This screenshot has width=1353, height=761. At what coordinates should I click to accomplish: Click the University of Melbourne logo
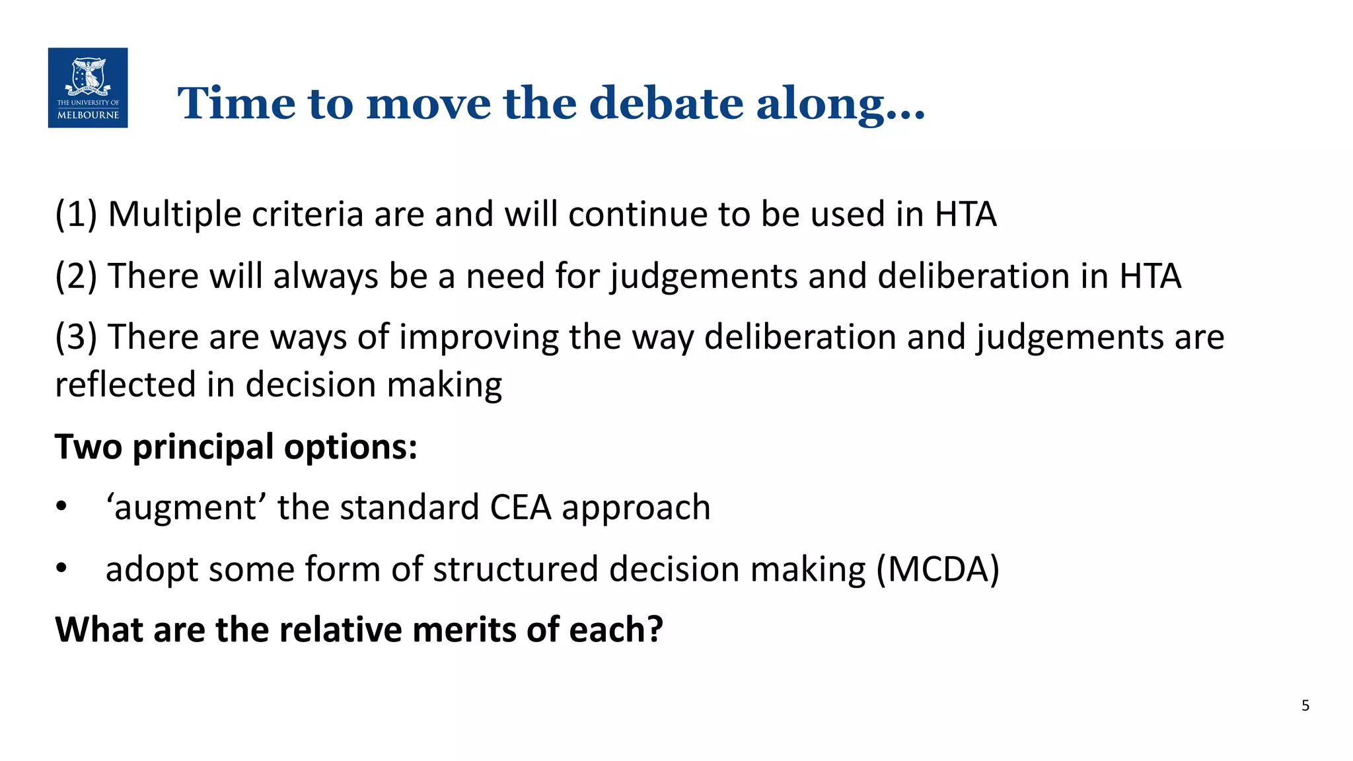point(88,88)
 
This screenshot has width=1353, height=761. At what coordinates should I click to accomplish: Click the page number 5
point(1305,706)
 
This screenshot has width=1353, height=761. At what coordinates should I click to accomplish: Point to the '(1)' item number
point(76,215)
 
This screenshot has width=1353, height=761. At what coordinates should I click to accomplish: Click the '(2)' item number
point(76,276)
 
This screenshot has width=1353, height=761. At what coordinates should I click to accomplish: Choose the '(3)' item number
point(76,338)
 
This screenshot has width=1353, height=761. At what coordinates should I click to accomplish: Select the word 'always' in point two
point(326,277)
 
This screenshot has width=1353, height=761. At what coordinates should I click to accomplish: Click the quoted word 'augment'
point(186,508)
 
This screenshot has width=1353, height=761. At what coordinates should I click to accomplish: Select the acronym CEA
point(521,507)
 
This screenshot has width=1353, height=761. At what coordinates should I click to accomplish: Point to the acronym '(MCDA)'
point(937,569)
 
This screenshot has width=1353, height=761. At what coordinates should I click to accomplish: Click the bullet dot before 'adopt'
point(61,568)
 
